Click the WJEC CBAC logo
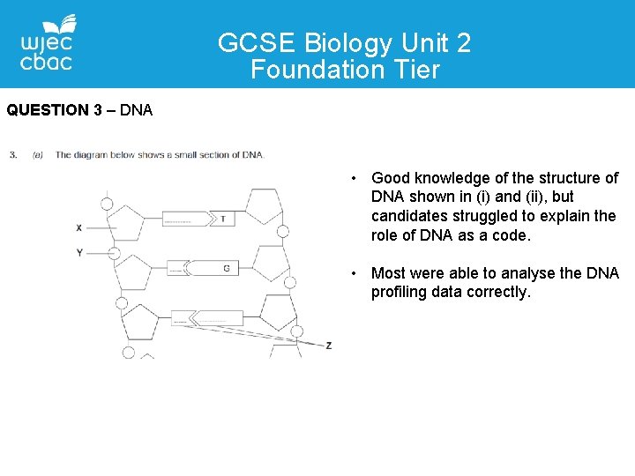pos(47,43)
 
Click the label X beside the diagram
pos(79,227)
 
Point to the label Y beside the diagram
pos(79,253)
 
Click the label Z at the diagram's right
pos(328,346)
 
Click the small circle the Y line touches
pos(113,253)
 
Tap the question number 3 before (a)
pos(13,155)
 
